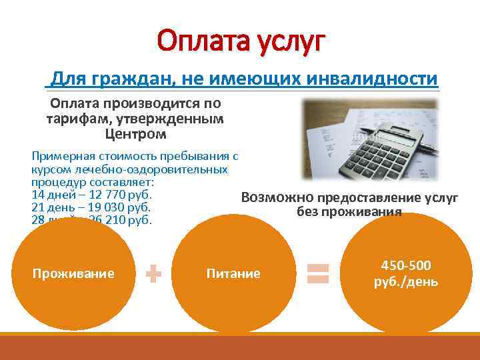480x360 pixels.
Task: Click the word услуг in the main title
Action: pyautogui.click(x=290, y=43)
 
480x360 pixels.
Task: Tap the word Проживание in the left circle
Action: pyautogui.click(x=73, y=273)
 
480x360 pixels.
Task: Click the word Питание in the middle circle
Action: pyautogui.click(x=233, y=273)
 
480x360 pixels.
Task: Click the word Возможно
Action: pyautogui.click(x=277, y=197)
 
